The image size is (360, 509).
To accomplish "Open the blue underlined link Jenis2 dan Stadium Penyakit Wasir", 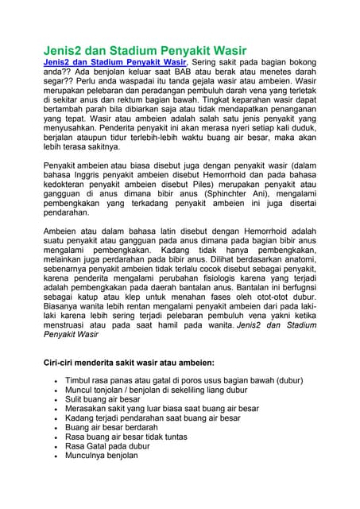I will [114, 62].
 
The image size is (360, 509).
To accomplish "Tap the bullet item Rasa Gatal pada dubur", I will [107, 446].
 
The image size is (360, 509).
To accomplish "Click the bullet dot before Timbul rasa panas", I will [53, 381].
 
